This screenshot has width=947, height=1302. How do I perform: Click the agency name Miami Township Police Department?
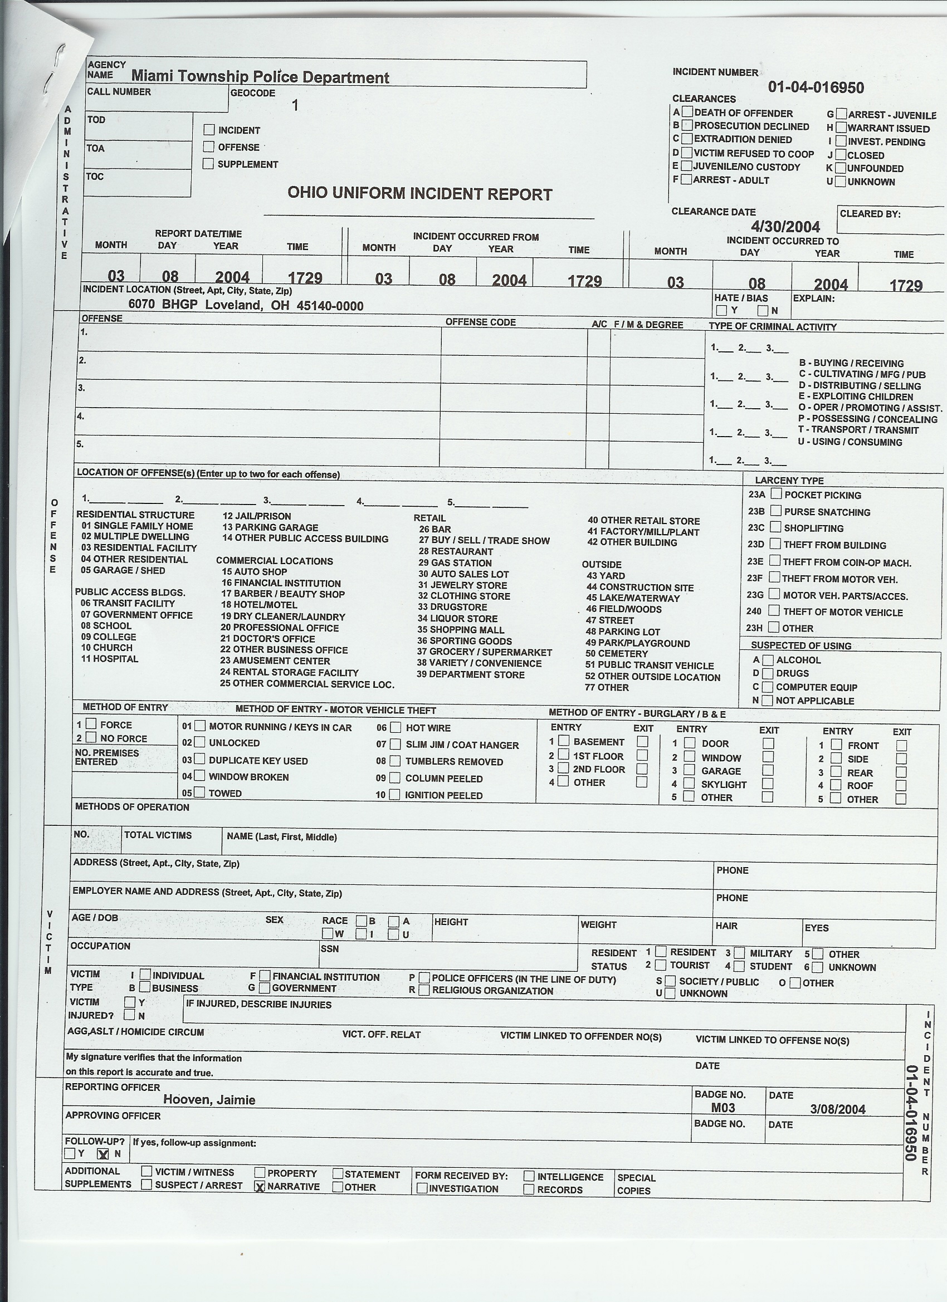pos(260,77)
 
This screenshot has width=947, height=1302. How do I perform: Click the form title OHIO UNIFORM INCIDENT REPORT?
pos(419,193)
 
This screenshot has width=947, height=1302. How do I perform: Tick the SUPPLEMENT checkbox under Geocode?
pos(208,164)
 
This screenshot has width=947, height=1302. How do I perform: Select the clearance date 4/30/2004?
pos(785,226)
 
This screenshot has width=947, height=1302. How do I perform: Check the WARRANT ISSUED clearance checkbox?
pos(841,128)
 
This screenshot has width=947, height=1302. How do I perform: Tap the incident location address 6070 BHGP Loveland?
pos(246,305)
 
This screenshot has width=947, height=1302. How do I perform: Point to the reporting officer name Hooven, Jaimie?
pos(209,1099)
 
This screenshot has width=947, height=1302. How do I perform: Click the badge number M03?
pos(723,1108)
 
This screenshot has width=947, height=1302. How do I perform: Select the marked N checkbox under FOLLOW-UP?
pos(104,1153)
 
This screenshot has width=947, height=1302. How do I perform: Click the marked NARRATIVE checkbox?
pos(260,1187)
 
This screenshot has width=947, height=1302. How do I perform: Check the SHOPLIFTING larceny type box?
pos(776,527)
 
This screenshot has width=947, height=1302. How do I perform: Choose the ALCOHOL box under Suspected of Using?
pos(768,659)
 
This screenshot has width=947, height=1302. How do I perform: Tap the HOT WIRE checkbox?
pos(396,727)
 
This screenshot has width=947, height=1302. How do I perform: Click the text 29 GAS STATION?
pos(455,562)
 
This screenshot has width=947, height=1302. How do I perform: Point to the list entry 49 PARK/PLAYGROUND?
pos(637,643)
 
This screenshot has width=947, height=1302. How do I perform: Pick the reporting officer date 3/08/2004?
pos(837,1109)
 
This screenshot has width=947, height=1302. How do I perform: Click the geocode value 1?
pos(295,105)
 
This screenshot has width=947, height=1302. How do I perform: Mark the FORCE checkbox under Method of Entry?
pos(91,724)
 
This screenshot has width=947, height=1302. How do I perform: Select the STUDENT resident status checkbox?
pos(740,966)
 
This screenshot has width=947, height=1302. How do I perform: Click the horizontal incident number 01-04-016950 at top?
pos(816,87)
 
